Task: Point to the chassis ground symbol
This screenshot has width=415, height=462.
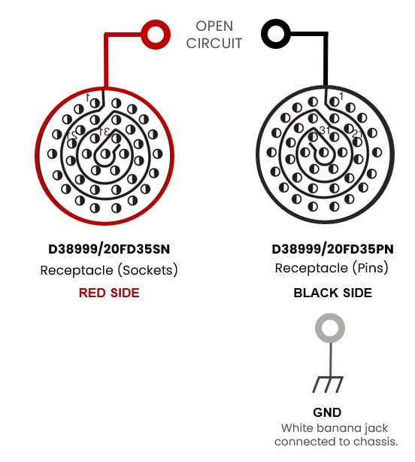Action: [x=328, y=384]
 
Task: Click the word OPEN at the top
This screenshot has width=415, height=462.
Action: [x=214, y=26]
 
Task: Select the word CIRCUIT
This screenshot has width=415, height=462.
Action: [x=214, y=44]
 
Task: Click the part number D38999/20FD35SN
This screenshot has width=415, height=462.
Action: [x=109, y=249]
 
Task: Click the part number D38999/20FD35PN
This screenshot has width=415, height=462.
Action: [x=332, y=249]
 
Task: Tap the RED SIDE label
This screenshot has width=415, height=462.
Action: [x=109, y=293]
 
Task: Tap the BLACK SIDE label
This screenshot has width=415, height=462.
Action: [x=333, y=293]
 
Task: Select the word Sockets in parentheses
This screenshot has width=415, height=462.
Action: [x=147, y=270]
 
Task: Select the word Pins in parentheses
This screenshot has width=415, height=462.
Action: [x=370, y=268]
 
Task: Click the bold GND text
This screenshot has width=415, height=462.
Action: [x=327, y=412]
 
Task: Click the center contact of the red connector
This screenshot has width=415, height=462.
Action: [x=105, y=153]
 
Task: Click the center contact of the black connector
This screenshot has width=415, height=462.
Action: [x=324, y=152]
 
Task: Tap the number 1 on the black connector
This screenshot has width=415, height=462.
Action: [x=341, y=96]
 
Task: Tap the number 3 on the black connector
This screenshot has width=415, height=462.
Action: [x=323, y=130]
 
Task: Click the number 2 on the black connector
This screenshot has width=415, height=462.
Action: [x=356, y=133]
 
